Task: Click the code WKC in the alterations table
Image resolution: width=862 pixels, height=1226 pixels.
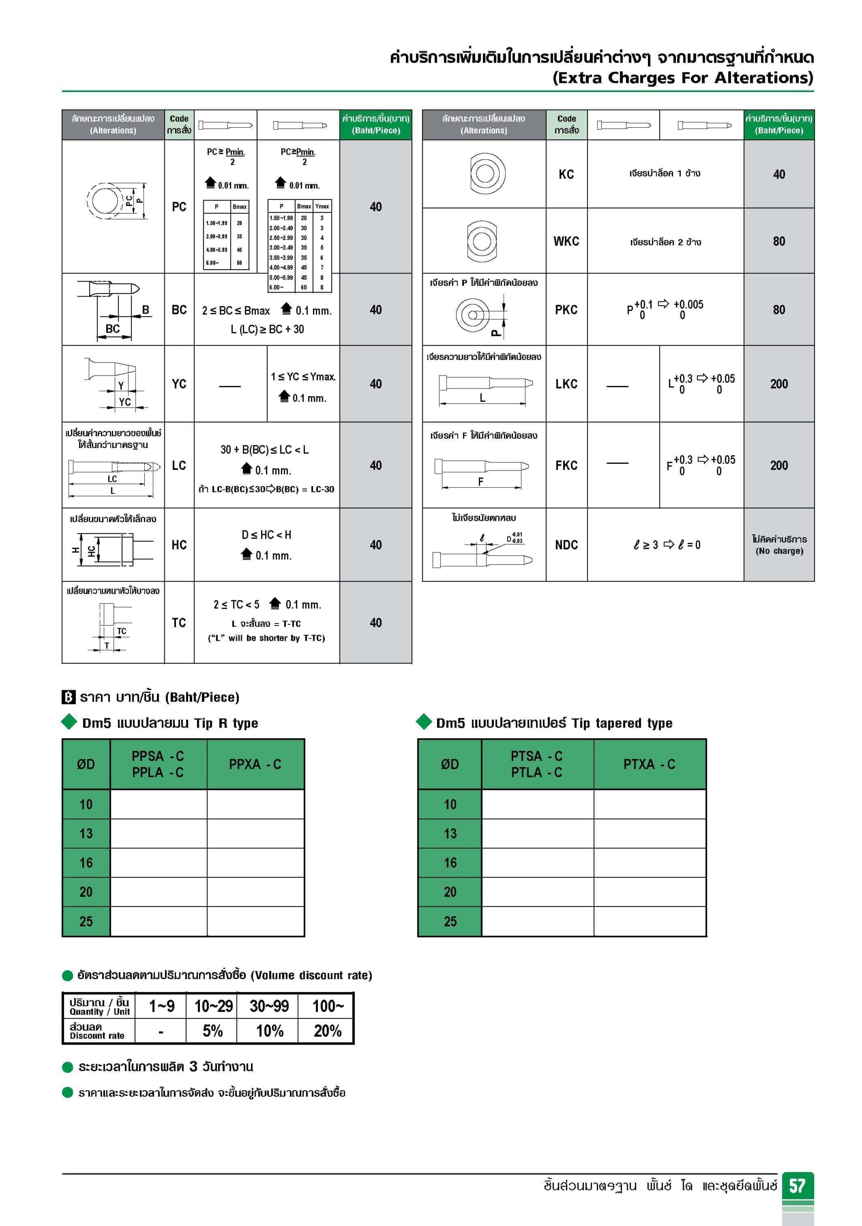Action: click(566, 241)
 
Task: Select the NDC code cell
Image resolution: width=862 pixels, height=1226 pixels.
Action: click(566, 544)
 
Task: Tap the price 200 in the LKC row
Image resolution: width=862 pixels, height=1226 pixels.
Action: click(779, 384)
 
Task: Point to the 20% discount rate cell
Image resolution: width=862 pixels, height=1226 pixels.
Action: click(327, 1031)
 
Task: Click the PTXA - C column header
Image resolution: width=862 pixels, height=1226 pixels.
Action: click(650, 764)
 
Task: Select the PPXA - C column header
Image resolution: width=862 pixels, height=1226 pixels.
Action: click(255, 764)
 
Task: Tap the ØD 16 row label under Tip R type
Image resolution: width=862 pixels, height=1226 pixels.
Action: click(86, 863)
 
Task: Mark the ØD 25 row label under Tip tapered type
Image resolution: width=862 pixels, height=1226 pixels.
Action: click(450, 922)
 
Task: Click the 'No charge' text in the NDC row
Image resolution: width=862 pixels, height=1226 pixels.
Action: click(779, 551)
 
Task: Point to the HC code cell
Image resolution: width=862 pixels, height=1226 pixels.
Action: click(179, 544)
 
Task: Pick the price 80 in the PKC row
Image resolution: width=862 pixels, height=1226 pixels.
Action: click(779, 310)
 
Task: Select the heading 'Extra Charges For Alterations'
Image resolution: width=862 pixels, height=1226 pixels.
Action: click(682, 78)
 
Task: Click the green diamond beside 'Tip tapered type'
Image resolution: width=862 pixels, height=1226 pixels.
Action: click(424, 722)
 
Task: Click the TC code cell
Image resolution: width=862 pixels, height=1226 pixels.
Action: click(179, 623)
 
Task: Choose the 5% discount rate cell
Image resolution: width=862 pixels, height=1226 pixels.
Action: click(212, 1031)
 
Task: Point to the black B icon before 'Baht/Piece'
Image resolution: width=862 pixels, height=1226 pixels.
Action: click(69, 697)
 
